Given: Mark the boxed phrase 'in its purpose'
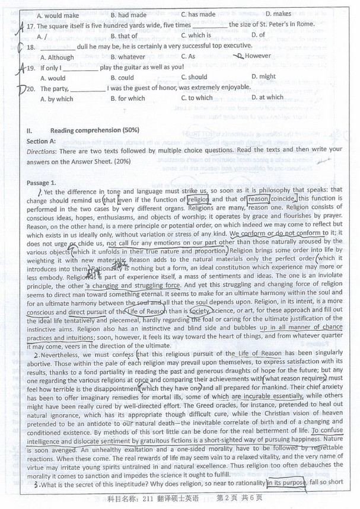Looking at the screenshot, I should coord(287,484).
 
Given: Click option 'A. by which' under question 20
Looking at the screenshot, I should coord(56,99).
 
